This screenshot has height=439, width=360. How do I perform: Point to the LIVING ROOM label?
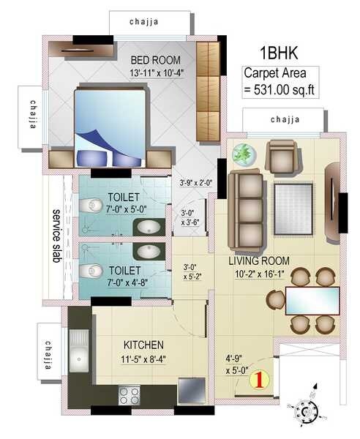point(258,260)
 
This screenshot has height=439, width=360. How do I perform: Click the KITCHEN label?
point(143,345)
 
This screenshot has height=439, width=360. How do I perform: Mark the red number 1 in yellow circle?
point(257,379)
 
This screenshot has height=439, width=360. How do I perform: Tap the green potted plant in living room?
point(242,154)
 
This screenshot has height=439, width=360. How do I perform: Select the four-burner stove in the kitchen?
point(129,396)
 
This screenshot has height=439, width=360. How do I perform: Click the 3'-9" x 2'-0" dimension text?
point(194,184)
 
